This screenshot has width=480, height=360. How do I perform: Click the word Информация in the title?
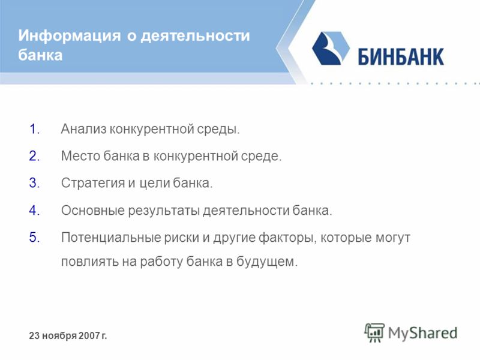(70, 35)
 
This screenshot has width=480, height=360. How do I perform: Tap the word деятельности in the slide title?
(196, 35)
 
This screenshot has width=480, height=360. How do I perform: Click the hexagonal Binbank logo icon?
(331, 48)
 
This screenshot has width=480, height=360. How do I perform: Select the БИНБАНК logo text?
(401, 57)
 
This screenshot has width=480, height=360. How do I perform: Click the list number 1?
(35, 129)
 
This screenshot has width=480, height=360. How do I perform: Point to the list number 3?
(35, 183)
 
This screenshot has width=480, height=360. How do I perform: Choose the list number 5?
(35, 238)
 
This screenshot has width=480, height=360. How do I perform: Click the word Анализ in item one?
(83, 129)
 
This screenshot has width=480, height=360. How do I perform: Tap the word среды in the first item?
(218, 130)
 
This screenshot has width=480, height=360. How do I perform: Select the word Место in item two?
(80, 156)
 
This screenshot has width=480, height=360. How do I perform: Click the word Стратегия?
(93, 183)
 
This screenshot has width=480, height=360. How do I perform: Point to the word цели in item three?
(155, 184)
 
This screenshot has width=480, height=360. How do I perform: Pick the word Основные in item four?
(93, 211)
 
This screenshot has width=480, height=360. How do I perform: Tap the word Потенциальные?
(111, 238)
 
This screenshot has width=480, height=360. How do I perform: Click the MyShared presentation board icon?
(374, 332)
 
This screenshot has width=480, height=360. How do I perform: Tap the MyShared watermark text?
(423, 333)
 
